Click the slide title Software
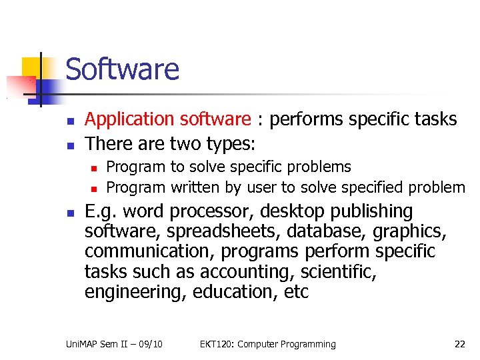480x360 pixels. click(x=123, y=69)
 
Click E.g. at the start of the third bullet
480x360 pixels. click(x=102, y=212)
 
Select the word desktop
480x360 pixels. click(x=290, y=212)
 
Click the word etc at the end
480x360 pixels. click(x=294, y=292)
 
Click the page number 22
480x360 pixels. click(x=459, y=344)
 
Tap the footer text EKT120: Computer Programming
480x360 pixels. click(x=267, y=344)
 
